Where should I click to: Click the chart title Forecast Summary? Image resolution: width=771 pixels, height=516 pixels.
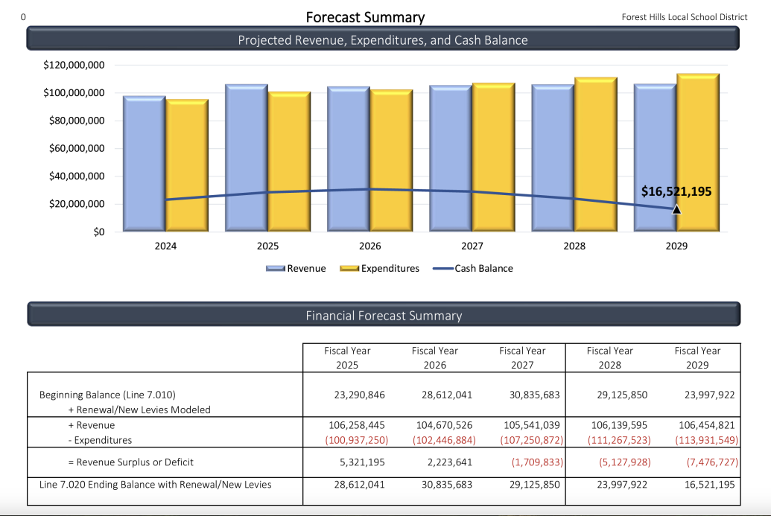[x=365, y=17]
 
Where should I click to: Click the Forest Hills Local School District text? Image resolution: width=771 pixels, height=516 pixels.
[x=684, y=17]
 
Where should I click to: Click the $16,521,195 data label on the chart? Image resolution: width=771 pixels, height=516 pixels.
[x=676, y=191]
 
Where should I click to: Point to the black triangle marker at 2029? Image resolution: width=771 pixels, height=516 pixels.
[x=676, y=210]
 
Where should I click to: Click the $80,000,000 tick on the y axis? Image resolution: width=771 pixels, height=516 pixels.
[x=74, y=121]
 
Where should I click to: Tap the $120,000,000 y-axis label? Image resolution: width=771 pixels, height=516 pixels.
[x=74, y=66]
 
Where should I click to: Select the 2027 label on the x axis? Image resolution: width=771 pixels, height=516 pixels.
[x=472, y=246]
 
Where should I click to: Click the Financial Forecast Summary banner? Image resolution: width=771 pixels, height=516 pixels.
[x=384, y=316]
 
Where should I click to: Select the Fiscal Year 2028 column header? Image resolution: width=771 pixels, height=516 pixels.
[x=609, y=357]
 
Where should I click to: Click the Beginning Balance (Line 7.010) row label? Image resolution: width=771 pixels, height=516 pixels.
[x=107, y=395]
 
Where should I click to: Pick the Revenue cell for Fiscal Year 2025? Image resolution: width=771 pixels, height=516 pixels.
[x=356, y=425]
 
